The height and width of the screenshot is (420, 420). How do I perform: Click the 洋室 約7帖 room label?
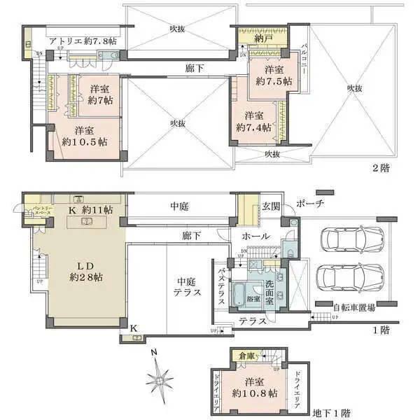101,95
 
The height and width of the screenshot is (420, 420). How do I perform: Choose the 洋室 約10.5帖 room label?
84,135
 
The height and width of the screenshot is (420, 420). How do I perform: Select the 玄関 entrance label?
270,206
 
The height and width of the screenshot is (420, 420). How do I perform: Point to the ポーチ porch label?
310,204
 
